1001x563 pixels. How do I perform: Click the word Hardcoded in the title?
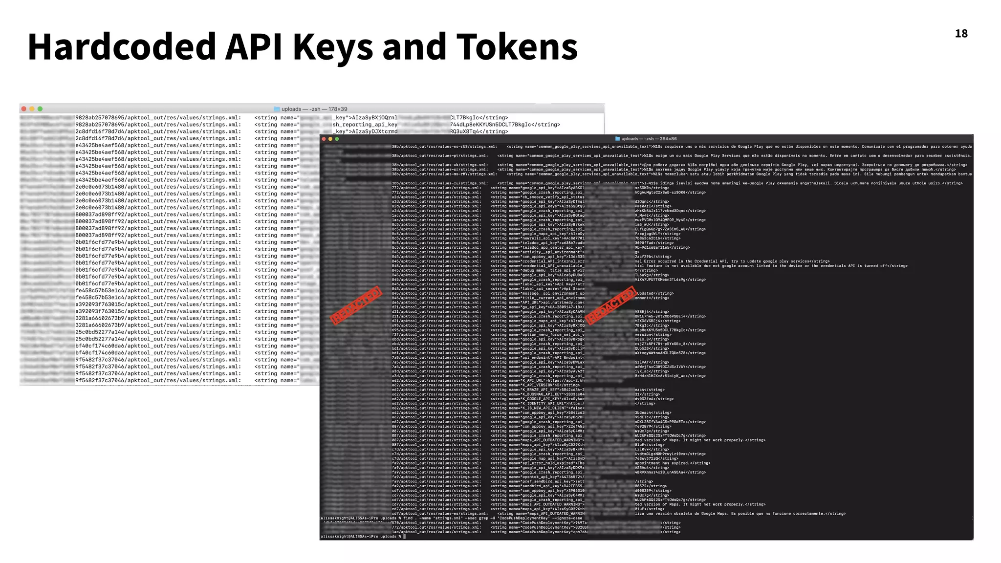click(x=122, y=47)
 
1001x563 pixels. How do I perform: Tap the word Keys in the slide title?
click(x=332, y=47)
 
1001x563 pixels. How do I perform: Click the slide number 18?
click(x=961, y=34)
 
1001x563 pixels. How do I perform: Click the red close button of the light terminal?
click(x=24, y=109)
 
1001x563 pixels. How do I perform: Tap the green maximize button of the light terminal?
click(x=40, y=109)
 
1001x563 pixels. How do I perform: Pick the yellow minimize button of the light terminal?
click(x=32, y=109)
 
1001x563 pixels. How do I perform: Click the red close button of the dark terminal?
click(x=324, y=139)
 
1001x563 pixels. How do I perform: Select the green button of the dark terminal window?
click(x=337, y=139)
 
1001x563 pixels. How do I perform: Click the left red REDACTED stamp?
click(x=356, y=305)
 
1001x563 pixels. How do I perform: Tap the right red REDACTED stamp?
click(x=611, y=305)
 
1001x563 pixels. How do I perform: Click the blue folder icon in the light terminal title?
click(x=277, y=109)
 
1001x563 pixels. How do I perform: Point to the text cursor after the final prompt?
click(x=405, y=537)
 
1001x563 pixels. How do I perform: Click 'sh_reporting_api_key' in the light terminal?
click(x=365, y=125)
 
